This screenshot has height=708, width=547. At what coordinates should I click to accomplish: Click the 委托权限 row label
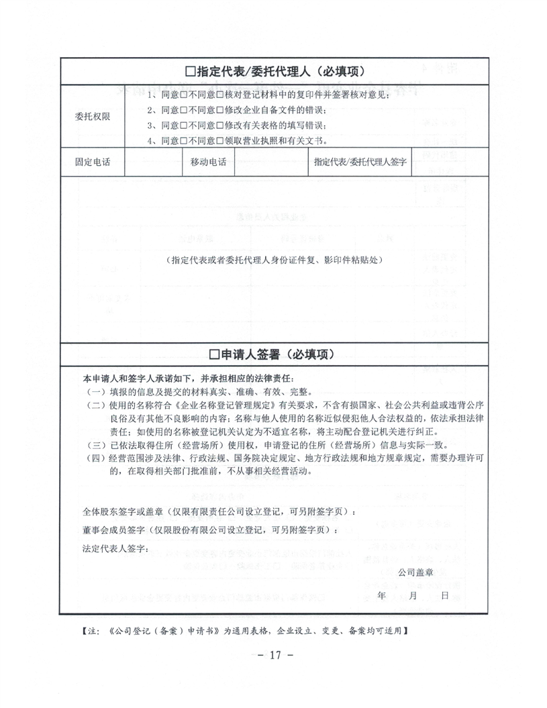click(x=93, y=116)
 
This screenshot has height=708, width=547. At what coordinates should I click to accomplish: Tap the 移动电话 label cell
click(x=208, y=162)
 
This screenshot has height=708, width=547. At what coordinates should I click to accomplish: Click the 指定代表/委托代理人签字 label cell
click(x=360, y=162)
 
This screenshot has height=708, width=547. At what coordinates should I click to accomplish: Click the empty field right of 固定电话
click(x=152, y=162)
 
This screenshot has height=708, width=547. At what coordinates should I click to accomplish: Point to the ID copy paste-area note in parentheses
click(x=276, y=260)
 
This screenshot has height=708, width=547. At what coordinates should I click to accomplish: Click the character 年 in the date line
click(x=381, y=595)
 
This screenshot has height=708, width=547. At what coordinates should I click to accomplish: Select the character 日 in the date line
click(x=444, y=595)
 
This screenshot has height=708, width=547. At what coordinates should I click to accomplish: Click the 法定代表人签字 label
click(x=115, y=549)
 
